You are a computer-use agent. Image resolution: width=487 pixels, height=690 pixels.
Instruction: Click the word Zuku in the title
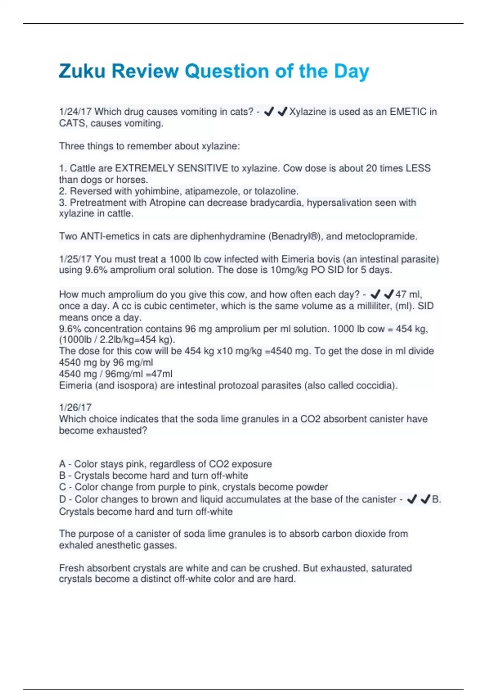(82, 71)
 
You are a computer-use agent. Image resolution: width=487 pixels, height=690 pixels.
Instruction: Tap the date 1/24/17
(75, 112)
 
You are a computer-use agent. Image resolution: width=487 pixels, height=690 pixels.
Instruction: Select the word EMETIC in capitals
(409, 112)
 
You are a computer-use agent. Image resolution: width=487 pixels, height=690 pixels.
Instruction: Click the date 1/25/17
(75, 259)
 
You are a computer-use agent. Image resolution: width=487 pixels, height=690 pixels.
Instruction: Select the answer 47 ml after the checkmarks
(408, 294)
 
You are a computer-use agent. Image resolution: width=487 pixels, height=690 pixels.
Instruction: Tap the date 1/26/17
(75, 408)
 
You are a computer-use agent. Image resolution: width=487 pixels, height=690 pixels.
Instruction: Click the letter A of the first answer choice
(62, 464)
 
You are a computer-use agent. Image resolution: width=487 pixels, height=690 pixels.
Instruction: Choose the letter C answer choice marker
(62, 487)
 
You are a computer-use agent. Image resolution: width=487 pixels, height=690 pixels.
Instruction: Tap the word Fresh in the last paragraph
(71, 568)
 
